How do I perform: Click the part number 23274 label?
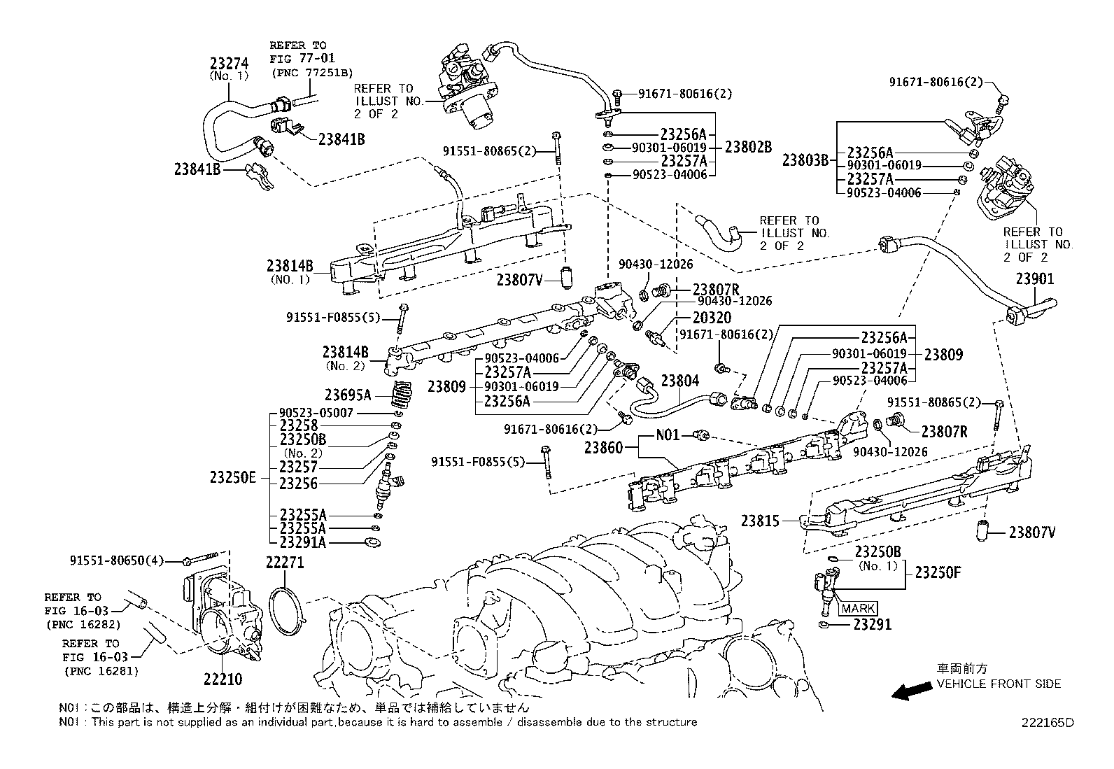[230, 62]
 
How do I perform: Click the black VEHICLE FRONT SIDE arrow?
[910, 691]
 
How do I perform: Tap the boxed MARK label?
[858, 609]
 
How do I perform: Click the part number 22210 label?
[223, 679]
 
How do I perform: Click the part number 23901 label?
[1035, 279]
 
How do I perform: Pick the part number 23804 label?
[680, 381]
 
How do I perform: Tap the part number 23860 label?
[604, 447]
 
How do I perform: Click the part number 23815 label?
[761, 521]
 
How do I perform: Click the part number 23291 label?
[873, 624]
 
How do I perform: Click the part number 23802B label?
[748, 148]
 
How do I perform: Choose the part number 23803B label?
[805, 160]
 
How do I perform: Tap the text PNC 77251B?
[311, 72]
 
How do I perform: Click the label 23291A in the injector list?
[302, 542]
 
